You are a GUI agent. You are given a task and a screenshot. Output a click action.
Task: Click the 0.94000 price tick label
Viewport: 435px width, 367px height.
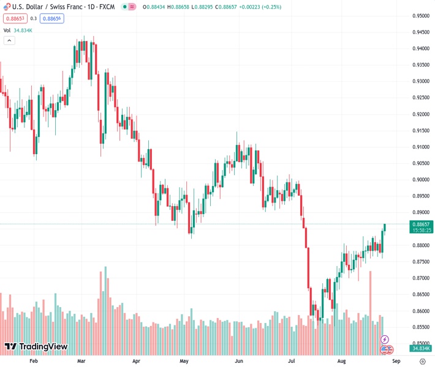[x=420, y=48]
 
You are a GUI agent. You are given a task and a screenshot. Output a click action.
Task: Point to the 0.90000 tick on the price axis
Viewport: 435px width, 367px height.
[x=420, y=180]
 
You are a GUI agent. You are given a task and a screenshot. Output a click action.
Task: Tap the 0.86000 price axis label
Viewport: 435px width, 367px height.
[x=420, y=311]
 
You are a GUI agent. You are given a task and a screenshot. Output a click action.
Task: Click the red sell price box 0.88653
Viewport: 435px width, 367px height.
[x=15, y=18]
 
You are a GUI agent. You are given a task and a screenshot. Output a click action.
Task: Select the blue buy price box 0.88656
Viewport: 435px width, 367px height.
[x=53, y=18]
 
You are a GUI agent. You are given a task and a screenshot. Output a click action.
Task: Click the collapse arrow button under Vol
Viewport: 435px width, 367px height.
[x=9, y=40]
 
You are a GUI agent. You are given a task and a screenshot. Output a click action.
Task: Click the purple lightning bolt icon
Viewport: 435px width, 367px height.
[x=385, y=339]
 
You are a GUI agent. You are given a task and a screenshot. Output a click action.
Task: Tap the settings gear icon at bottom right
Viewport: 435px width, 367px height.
[x=422, y=361]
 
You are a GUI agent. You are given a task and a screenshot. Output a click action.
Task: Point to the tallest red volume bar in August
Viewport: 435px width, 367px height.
[x=371, y=300]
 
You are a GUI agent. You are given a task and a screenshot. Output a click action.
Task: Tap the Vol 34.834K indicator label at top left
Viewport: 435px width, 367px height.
[x=18, y=29]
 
